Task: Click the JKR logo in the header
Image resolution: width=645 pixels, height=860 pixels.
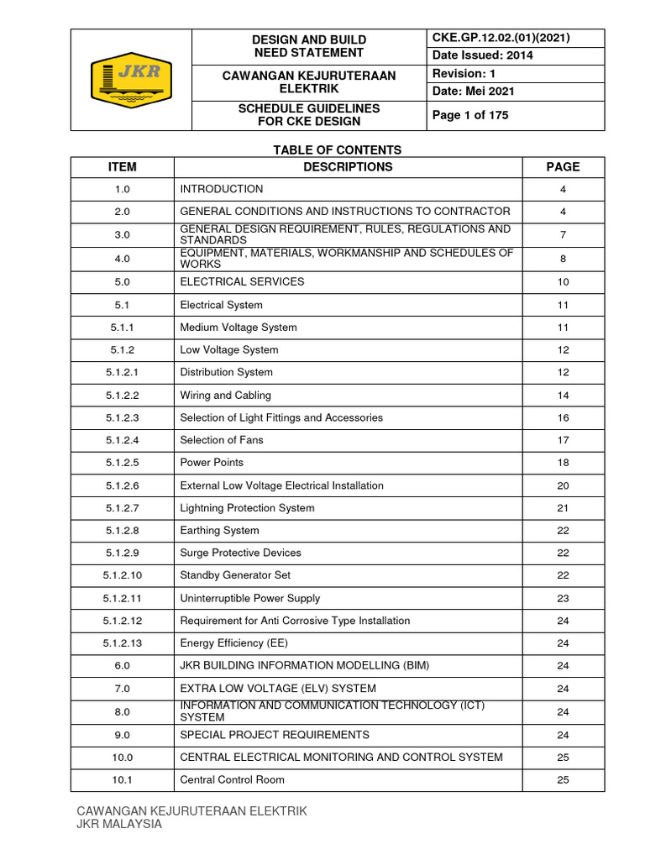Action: [x=131, y=81]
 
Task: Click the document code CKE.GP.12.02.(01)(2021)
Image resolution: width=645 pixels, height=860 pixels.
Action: [x=501, y=38]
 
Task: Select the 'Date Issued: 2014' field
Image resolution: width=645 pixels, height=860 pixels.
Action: [x=482, y=55]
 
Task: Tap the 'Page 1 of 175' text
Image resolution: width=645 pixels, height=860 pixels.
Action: [x=469, y=115]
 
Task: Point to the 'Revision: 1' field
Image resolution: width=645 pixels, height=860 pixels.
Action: [x=464, y=74]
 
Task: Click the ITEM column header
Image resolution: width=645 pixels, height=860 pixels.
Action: [x=122, y=167]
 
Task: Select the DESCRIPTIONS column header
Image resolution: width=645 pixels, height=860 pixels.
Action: [x=348, y=167]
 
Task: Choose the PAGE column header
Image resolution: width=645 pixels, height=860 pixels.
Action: [x=563, y=167]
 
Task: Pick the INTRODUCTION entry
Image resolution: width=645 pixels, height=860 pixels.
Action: [x=222, y=190]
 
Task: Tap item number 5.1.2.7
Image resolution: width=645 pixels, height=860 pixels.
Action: [x=122, y=508]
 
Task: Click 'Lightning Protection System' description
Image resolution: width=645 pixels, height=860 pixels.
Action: [x=247, y=508]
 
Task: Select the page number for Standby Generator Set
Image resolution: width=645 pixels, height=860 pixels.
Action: [x=563, y=575]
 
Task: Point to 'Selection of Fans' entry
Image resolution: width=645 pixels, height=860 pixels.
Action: [x=222, y=440]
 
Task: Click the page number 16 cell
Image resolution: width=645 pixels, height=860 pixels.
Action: [x=563, y=417]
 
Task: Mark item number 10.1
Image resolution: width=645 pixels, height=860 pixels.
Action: [x=122, y=780]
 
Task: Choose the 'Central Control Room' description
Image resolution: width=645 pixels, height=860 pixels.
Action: [x=232, y=780]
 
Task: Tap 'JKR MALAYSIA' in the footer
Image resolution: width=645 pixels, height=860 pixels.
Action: [x=118, y=825]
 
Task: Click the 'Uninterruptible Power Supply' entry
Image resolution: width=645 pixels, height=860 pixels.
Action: [x=250, y=598]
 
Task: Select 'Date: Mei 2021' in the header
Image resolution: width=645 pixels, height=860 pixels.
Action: [x=473, y=92]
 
